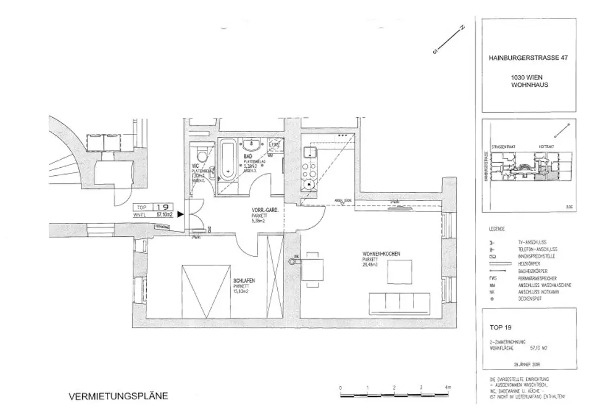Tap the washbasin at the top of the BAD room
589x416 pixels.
[252, 144]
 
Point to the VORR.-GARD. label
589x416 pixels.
[265, 210]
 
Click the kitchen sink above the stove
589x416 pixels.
[309, 153]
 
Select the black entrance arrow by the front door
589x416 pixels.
[180, 215]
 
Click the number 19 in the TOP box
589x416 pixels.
[162, 208]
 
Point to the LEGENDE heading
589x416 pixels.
[496, 228]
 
